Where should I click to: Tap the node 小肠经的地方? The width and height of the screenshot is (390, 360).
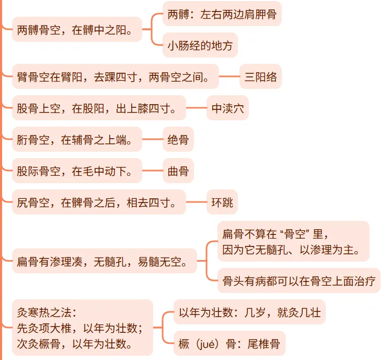(x=200, y=45)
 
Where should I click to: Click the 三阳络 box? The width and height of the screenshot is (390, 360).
(x=260, y=78)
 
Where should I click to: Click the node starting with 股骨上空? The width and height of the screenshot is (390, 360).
(x=99, y=108)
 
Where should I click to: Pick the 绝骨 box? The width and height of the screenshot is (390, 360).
(x=178, y=140)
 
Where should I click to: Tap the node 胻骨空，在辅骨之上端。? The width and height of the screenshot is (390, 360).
(x=77, y=140)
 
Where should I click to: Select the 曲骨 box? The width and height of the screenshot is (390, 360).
(x=178, y=171)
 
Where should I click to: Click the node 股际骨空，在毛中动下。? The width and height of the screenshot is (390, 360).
(x=77, y=171)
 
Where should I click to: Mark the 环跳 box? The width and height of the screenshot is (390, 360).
(x=222, y=202)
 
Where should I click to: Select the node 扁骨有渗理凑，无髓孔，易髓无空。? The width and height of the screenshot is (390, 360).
(x=104, y=260)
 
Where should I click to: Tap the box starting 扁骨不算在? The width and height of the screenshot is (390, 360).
(x=293, y=241)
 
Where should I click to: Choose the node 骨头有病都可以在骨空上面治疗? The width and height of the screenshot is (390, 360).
(x=299, y=281)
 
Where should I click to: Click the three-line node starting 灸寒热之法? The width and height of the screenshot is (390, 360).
(x=82, y=328)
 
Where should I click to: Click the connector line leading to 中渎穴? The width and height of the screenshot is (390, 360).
(x=196, y=108)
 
